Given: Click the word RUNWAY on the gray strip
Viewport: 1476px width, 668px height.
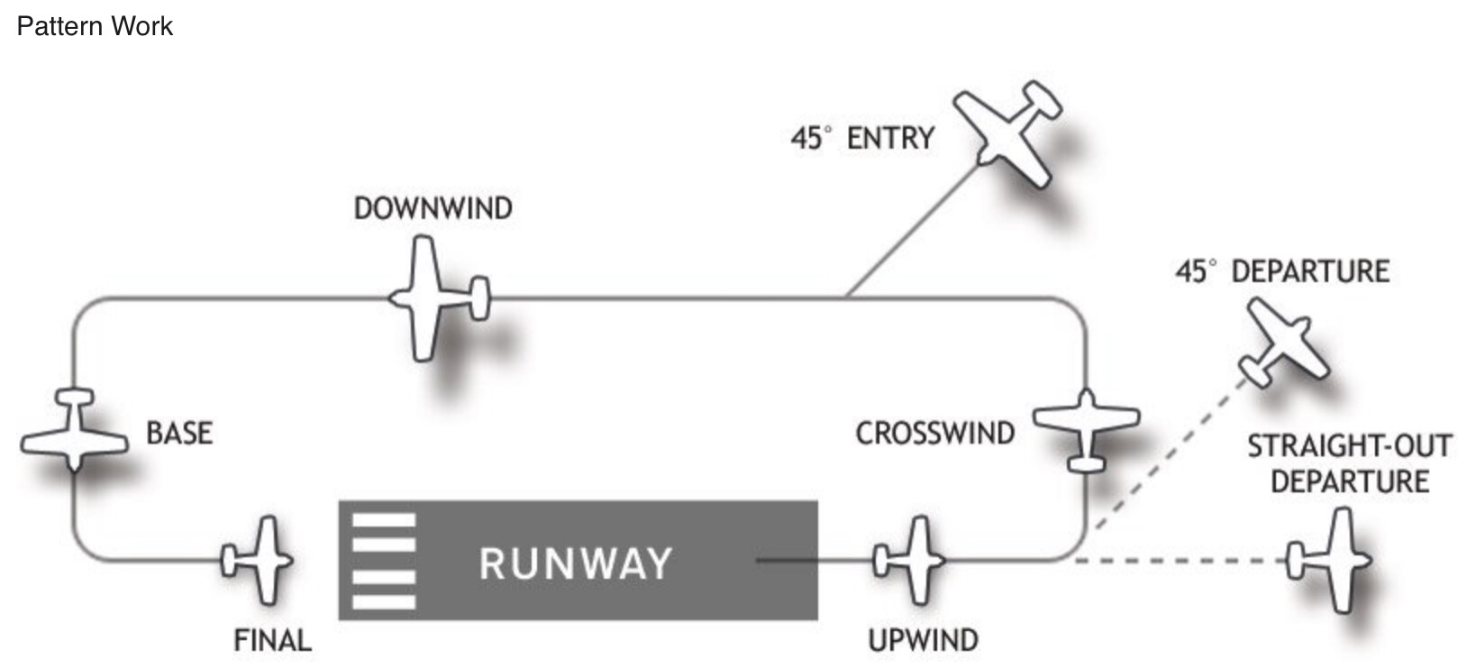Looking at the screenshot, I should point(575,563).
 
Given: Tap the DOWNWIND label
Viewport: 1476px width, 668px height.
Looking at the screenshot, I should point(433,208).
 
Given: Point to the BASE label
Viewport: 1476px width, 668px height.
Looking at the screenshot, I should point(179,433).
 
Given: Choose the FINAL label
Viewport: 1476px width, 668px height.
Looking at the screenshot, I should point(272,640).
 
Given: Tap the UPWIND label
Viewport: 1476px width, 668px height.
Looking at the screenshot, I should point(923,640).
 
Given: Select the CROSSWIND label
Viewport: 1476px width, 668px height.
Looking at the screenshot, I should point(934,433).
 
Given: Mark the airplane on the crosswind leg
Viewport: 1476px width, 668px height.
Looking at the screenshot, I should point(1086,429).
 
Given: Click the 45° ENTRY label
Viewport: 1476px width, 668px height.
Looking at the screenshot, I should point(862,138).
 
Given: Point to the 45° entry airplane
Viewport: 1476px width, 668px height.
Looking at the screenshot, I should point(1009,133).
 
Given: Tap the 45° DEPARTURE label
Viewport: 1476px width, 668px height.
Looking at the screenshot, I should point(1282,271).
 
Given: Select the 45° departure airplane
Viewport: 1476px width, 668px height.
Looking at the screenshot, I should point(1284,343).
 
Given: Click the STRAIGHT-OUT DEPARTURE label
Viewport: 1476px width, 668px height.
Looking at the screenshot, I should point(1349,463).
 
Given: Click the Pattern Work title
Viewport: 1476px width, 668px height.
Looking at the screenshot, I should point(95,26).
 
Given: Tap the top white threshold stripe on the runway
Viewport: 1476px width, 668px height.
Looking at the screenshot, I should point(384,520).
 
